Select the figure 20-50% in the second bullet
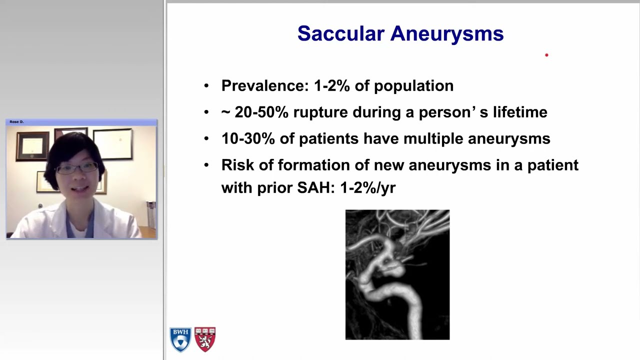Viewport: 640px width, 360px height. pyautogui.click(x=261, y=112)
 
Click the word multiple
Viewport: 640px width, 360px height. pyautogui.click(x=433, y=138)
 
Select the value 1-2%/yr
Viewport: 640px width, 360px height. pyautogui.click(x=367, y=187)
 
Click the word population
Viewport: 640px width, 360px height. pyautogui.click(x=413, y=85)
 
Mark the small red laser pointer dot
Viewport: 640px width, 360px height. pyautogui.click(x=546, y=55)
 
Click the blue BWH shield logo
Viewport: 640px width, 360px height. pyautogui.click(x=180, y=339)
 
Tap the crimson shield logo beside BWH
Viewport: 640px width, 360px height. pyautogui.click(x=205, y=339)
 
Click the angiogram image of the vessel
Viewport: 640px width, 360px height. pyautogui.click(x=397, y=274)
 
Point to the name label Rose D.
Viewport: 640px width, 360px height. pyautogui.click(x=16, y=121)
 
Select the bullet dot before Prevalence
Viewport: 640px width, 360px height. pyautogui.click(x=206, y=86)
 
